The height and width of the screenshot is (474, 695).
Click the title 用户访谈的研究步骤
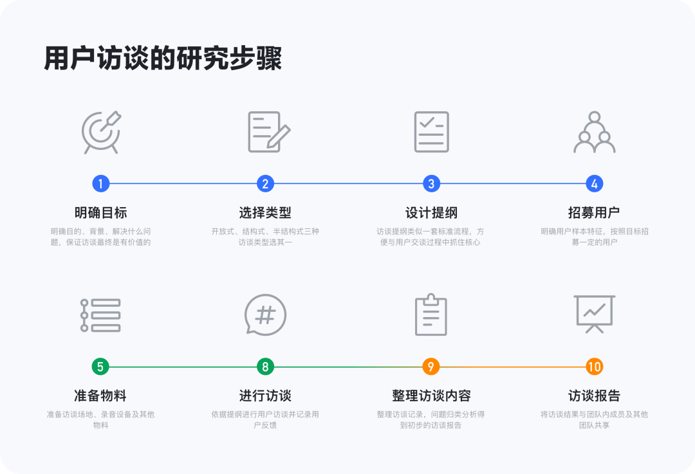(163, 59)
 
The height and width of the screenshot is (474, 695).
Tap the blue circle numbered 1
(100, 184)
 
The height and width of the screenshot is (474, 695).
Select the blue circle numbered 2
(265, 184)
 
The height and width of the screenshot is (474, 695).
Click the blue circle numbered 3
(431, 184)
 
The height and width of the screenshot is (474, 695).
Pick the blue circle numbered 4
(595, 184)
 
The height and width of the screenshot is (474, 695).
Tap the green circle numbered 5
(100, 367)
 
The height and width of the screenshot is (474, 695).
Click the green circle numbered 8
(265, 367)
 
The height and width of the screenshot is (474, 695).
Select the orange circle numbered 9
(431, 367)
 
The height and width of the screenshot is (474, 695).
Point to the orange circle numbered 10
(595, 367)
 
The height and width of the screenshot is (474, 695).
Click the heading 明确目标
(100, 213)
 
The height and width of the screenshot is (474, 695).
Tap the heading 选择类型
(265, 213)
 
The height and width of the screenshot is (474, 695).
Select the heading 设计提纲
(431, 213)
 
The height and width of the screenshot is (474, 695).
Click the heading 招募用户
(595, 213)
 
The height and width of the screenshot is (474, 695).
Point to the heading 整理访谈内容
(431, 396)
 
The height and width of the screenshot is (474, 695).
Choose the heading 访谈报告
(595, 396)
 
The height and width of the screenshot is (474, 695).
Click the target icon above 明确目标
(101, 132)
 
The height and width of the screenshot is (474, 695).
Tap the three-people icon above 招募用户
(595, 132)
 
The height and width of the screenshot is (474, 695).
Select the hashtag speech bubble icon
(265, 315)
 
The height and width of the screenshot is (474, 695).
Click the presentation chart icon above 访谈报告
(595, 314)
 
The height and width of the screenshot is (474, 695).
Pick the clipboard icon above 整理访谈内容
(431, 315)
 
